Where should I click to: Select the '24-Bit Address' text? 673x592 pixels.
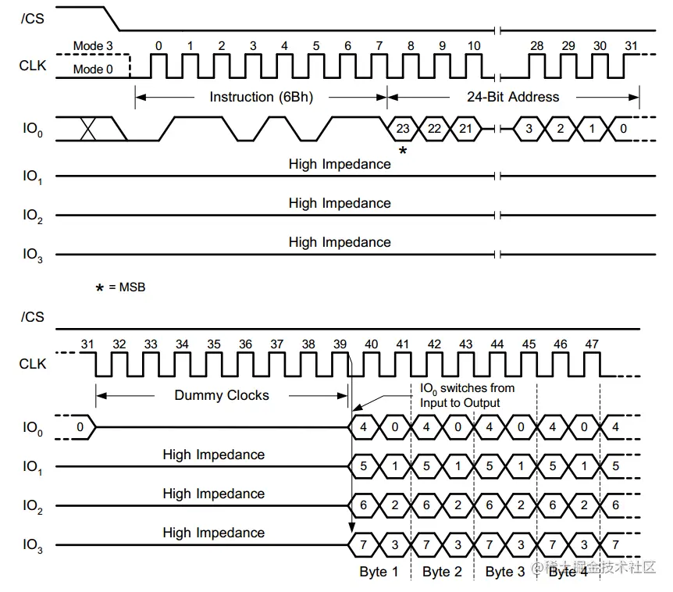point(513,97)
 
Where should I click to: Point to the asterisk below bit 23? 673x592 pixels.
point(403,151)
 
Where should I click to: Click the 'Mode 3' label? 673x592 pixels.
point(93,46)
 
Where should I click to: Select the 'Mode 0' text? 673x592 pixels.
point(93,70)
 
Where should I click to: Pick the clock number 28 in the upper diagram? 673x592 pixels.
point(537,46)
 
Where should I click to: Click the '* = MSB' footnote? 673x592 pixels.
point(120,287)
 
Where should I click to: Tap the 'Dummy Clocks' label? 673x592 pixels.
point(222,395)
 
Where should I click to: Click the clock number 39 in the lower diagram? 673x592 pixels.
point(340,344)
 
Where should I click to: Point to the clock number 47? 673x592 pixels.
point(591,344)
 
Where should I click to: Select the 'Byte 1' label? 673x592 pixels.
point(379,572)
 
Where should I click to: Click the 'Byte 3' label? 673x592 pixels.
point(505,572)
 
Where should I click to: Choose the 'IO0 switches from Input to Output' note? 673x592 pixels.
point(468,395)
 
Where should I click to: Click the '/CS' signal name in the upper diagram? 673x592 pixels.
point(33,17)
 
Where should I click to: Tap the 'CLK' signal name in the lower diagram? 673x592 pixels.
point(33,364)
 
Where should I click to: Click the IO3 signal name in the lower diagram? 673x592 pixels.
point(33,546)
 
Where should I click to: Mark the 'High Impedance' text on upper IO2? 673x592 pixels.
point(340,203)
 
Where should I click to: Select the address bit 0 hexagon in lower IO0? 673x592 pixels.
point(80,427)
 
